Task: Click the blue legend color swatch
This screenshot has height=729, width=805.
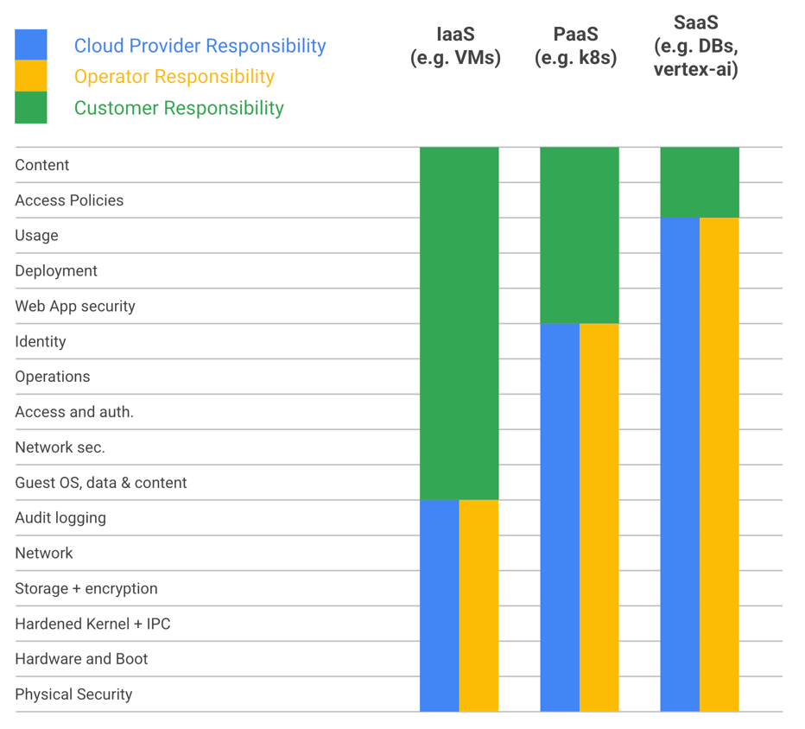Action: point(31,45)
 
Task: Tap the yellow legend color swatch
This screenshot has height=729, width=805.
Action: point(31,76)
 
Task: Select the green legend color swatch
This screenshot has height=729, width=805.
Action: point(31,108)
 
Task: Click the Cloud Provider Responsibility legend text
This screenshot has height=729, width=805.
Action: point(200,46)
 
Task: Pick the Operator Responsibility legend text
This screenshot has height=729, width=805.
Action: point(174,77)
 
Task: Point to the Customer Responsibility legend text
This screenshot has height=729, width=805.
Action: point(179,108)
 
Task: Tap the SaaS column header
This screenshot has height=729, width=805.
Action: point(695,45)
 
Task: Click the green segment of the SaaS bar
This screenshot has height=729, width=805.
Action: point(700,182)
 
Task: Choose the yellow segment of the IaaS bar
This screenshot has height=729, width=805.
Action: point(479,605)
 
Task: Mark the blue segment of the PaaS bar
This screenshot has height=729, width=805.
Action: point(560,517)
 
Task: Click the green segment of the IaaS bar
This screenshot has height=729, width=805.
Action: point(459,323)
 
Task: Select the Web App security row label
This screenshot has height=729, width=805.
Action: point(75,307)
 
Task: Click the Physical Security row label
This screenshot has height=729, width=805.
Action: point(73,694)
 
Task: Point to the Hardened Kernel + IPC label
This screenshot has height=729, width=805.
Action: point(92,624)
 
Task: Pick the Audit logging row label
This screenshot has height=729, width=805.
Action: point(60,518)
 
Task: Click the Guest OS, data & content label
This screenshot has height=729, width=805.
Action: point(100,483)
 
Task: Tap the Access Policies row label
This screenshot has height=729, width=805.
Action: point(69,200)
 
